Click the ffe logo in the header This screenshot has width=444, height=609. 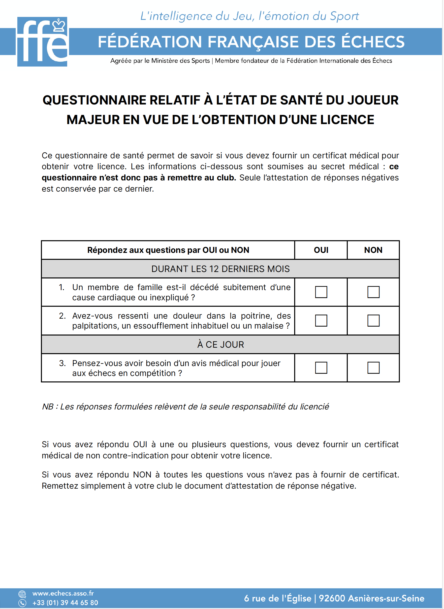42,42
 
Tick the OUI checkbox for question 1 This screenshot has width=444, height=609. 321,292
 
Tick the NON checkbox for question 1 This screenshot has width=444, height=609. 374,292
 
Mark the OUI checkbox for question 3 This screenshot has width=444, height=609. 321,368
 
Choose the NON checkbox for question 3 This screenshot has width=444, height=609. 374,368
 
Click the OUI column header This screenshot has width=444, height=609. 321,250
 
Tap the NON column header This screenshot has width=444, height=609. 374,250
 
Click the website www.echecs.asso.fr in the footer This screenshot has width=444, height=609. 63,593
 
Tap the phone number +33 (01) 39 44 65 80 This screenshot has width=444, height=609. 65,603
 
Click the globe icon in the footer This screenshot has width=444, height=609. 22,594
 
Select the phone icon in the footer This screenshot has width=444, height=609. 22,603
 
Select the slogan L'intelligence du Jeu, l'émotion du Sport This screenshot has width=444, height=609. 250,16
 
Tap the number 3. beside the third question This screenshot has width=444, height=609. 62,364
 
